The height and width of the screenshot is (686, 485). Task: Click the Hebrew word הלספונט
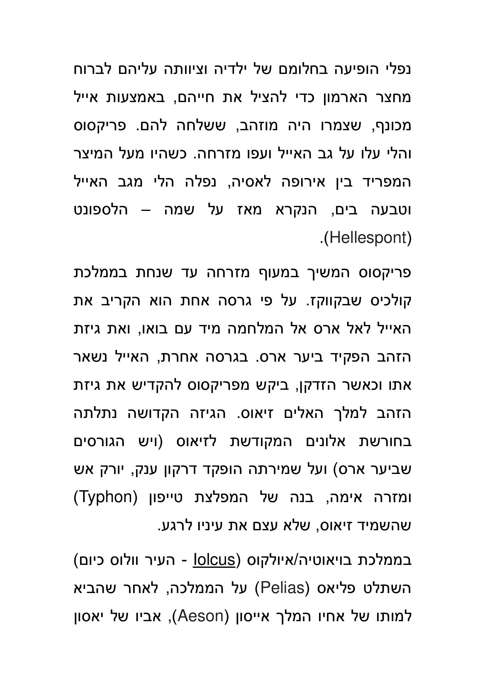(101, 210)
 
